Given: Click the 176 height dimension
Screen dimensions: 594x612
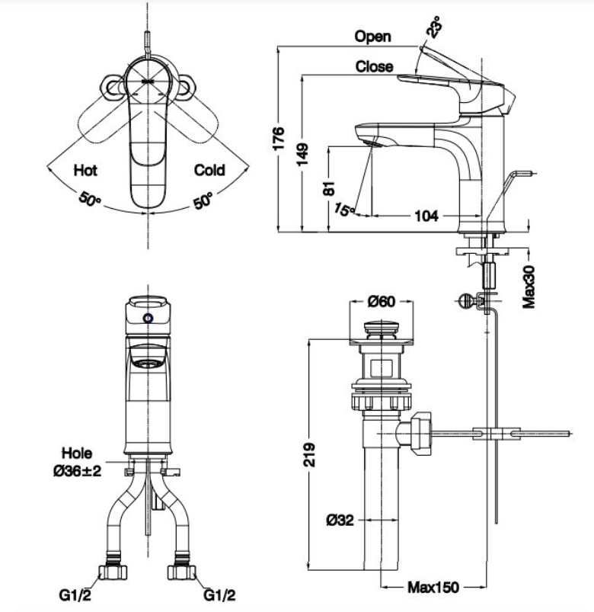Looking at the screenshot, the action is pos(279,138).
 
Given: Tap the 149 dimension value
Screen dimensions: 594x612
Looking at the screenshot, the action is pos(303,154).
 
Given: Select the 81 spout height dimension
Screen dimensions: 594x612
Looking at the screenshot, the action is pos(330,188).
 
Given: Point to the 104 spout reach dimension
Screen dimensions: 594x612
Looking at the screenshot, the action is pos(426,216).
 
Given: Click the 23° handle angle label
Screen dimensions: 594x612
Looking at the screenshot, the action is pos(435,27).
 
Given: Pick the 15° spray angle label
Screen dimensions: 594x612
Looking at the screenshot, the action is pos(343,209).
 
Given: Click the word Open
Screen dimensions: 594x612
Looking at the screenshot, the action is pos(373,37).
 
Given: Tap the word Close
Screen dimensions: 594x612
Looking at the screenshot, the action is pos(374,67).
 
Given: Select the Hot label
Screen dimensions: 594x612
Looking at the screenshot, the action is pos(85,170).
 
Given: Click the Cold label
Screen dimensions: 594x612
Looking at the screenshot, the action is pos(209,170).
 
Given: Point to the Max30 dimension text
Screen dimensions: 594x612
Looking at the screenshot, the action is pos(529,287).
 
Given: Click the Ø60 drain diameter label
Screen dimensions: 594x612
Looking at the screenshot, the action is pos(382,301).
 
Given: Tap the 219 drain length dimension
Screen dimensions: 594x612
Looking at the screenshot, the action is pos(310,454).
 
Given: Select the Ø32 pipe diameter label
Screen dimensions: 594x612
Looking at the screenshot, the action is pos(340,520).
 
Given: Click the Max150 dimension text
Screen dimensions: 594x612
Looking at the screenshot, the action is pos(433,587).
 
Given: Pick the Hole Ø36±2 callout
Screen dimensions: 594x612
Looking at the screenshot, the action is pos(77,462).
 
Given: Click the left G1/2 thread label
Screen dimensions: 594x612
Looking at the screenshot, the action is pos(75,594).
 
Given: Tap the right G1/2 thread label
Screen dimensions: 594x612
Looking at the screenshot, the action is pos(219,594).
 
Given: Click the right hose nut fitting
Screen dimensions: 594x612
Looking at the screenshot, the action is pos(182,571).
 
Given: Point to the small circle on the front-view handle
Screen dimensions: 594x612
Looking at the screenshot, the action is pos(148,319).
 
